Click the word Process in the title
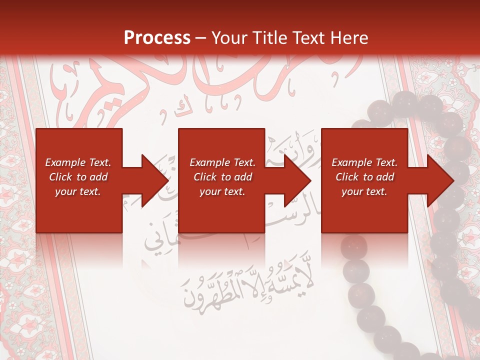157,37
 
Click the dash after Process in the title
200,38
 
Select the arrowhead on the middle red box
294,180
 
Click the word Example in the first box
64,162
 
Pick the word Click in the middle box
205,177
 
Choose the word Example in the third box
350,162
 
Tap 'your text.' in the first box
78,191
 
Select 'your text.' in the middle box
222,191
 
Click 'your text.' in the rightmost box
364,191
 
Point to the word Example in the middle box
208,162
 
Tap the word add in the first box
98,177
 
